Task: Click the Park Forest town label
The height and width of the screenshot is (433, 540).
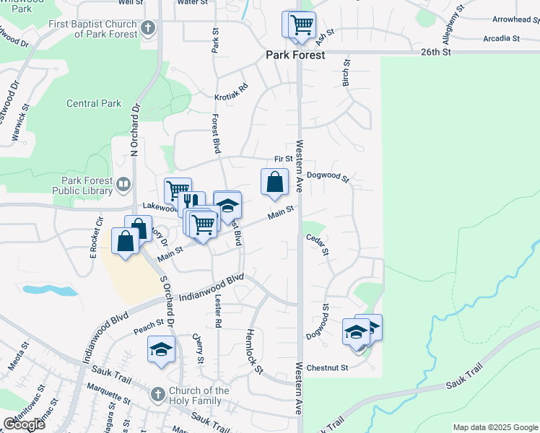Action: click(295, 54)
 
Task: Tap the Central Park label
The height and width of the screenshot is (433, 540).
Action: click(94, 103)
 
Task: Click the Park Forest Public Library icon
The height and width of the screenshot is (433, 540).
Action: click(123, 185)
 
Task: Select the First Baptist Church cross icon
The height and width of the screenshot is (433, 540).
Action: click(148, 29)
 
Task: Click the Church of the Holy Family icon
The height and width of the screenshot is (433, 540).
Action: click(159, 395)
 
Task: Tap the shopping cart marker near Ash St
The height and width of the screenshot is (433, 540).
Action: click(302, 25)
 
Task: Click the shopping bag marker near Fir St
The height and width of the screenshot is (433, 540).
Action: click(274, 183)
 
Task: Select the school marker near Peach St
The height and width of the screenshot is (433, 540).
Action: click(161, 350)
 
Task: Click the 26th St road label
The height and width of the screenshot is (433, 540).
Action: click(437, 53)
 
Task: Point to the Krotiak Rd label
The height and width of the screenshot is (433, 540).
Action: click(231, 92)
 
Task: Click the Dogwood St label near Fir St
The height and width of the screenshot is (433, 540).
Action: click(328, 176)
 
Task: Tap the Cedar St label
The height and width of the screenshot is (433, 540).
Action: click(318, 244)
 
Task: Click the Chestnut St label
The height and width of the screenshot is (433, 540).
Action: click(327, 367)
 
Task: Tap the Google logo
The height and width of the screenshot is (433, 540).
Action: click(24, 424)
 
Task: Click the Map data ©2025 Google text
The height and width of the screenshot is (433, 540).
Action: click(495, 427)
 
